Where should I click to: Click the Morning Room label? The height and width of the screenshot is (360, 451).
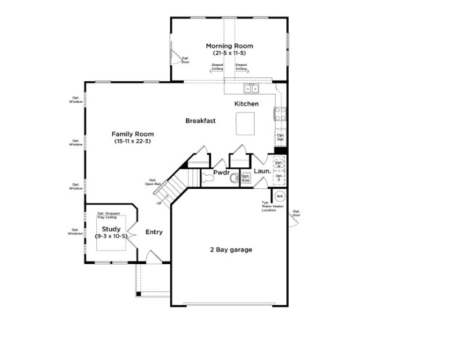tap(229, 46)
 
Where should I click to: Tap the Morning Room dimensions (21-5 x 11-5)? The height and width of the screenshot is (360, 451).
tap(229, 53)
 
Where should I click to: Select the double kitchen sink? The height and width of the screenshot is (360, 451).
tap(251, 88)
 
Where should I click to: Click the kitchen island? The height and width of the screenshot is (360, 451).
tap(245, 123)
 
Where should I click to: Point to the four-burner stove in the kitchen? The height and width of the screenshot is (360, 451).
tap(279, 114)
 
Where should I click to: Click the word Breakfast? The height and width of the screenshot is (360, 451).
tap(201, 121)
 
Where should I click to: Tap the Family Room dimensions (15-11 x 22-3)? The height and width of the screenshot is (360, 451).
tap(132, 141)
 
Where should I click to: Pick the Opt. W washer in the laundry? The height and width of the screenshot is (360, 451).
tap(279, 164)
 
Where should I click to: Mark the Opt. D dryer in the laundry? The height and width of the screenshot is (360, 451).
tap(279, 178)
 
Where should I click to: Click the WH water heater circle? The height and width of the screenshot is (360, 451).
tap(280, 197)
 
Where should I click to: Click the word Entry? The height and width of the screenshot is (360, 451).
tap(154, 232)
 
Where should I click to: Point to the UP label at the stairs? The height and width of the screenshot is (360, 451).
tap(158, 203)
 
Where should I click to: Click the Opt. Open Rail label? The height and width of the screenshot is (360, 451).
tap(150, 182)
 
